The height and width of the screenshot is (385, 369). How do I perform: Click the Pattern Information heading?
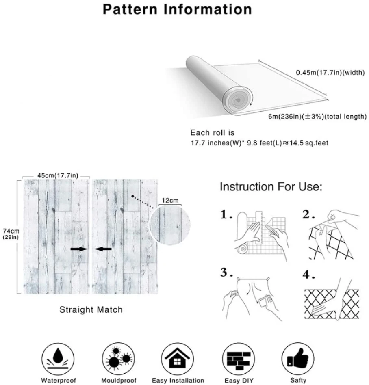pyautogui.click(x=177, y=9)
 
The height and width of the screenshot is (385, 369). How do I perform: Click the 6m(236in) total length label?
pyautogui.click(x=317, y=117)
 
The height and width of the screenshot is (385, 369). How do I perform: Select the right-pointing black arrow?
pyautogui.click(x=79, y=249)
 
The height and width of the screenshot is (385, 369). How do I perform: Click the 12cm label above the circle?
pyautogui.click(x=170, y=201)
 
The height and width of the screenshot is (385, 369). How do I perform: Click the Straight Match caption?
pyautogui.click(x=91, y=310)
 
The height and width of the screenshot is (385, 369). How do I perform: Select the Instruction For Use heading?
pyautogui.click(x=271, y=187)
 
